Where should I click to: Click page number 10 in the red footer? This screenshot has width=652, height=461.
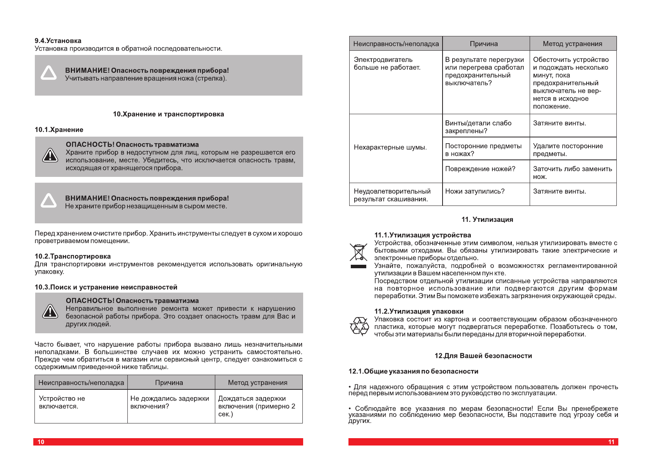[x=41, y=442]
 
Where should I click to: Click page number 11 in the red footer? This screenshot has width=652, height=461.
[x=611, y=442]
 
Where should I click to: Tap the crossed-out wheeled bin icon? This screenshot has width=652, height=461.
[x=358, y=252]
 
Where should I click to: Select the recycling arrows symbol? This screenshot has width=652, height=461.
[x=359, y=326]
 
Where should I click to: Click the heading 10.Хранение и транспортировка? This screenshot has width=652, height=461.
[x=168, y=114]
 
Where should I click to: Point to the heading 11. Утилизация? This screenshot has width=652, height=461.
[x=487, y=219]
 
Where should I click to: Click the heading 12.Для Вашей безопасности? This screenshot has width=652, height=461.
[x=483, y=356]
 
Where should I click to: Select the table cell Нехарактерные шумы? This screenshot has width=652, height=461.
[x=390, y=147]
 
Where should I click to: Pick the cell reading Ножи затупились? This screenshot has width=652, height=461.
[x=475, y=191]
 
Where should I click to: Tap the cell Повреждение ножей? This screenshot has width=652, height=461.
[x=480, y=169]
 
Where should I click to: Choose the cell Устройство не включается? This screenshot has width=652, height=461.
[x=62, y=402]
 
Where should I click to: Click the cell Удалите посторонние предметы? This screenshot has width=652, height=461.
[x=568, y=150]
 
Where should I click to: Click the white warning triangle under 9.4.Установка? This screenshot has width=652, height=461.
[x=49, y=73]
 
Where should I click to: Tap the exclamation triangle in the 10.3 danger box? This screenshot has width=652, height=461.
[x=50, y=312]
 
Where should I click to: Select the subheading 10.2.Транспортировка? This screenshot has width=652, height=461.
[x=73, y=256]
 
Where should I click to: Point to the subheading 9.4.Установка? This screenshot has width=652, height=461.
[x=58, y=41]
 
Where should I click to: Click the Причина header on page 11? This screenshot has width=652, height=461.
[x=484, y=44]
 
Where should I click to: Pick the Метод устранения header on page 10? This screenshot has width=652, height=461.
[x=257, y=382]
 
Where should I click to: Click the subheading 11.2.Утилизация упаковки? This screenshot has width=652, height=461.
[x=419, y=311]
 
